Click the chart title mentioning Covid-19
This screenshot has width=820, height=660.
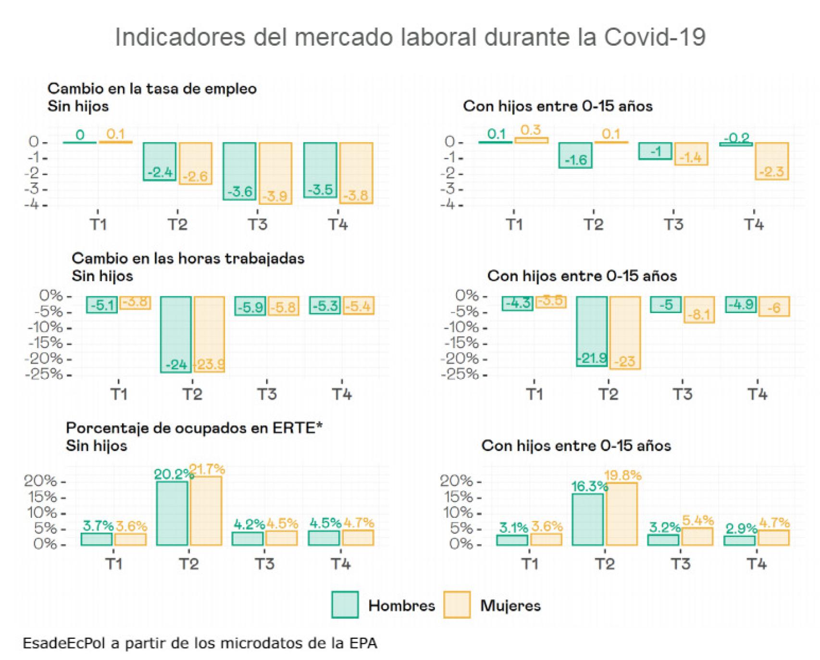pyautogui.click(x=410, y=37)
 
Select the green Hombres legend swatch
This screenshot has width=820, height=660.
pyautogui.click(x=345, y=604)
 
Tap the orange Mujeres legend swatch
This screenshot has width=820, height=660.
pyautogui.click(x=457, y=604)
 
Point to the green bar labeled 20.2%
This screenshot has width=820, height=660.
pyautogui.click(x=172, y=513)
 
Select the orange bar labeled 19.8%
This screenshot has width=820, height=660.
pyautogui.click(x=621, y=514)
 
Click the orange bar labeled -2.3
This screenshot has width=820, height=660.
pyautogui.click(x=771, y=161)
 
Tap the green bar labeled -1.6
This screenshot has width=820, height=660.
pyautogui.click(x=575, y=155)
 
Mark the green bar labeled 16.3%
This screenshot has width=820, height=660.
pyautogui.click(x=587, y=519)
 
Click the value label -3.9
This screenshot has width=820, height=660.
pyautogui.click(x=275, y=196)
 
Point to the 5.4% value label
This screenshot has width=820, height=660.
pyautogui.click(x=697, y=520)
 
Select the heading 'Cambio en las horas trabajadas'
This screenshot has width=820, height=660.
pyautogui.click(x=188, y=258)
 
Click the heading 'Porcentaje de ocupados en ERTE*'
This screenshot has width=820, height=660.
pyautogui.click(x=194, y=428)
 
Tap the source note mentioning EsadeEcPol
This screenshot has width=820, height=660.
pyautogui.click(x=200, y=643)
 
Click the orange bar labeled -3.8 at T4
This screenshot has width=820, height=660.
pyautogui.click(x=356, y=173)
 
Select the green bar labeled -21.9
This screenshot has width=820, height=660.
pyautogui.click(x=592, y=331)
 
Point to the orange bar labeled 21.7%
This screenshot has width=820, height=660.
pyautogui.click(x=206, y=511)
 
